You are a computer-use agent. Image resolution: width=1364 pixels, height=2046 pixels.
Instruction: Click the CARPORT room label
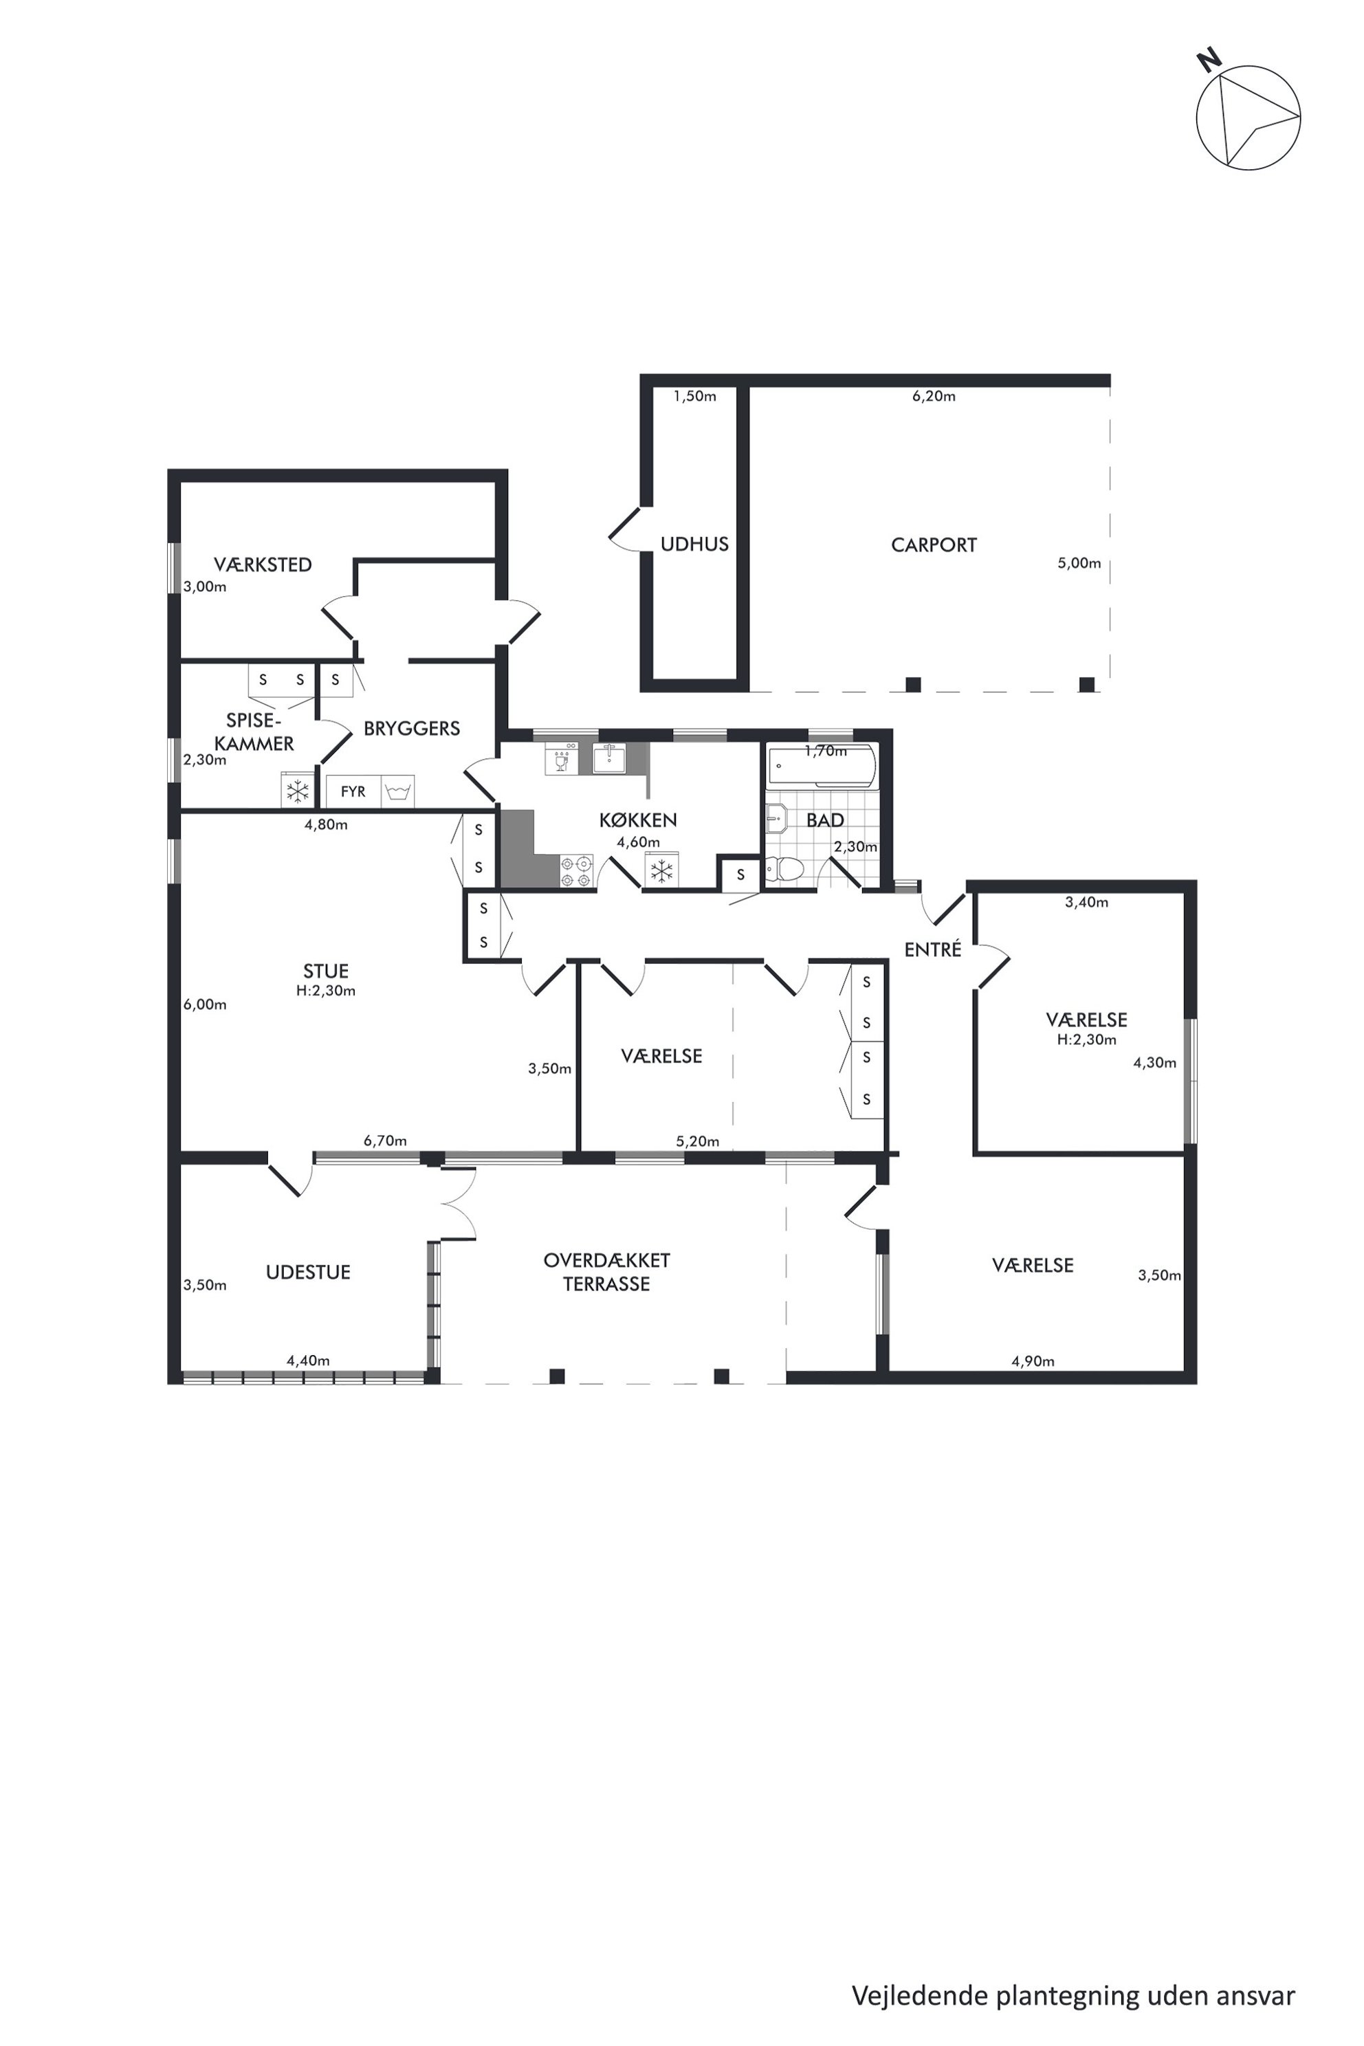coord(934,545)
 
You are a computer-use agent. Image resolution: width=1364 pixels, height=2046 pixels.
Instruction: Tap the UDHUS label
coord(694,544)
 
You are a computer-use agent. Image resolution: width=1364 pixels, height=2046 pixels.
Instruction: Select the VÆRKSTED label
coord(263,565)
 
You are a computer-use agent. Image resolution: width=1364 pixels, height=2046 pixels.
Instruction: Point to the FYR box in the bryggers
coord(353,791)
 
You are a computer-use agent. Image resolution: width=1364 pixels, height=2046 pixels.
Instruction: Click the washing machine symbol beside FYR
coord(397,791)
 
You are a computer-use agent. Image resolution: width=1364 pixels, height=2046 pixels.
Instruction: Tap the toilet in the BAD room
coord(783,870)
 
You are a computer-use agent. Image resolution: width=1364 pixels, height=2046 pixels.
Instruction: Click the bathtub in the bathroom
coord(819,767)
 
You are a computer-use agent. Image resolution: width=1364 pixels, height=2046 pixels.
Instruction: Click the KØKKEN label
coord(637,820)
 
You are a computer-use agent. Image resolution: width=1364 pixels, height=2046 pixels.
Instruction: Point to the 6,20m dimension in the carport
coord(934,397)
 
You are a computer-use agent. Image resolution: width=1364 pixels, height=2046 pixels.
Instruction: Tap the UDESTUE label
coord(308,1273)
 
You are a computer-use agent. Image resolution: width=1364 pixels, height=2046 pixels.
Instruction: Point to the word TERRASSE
coord(606,1285)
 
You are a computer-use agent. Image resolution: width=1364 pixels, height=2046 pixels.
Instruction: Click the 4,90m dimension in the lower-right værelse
coord(1033,1361)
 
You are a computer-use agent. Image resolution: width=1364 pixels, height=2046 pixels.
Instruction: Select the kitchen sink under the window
coord(612,758)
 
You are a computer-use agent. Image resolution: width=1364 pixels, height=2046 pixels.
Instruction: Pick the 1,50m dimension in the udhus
coord(694,397)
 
